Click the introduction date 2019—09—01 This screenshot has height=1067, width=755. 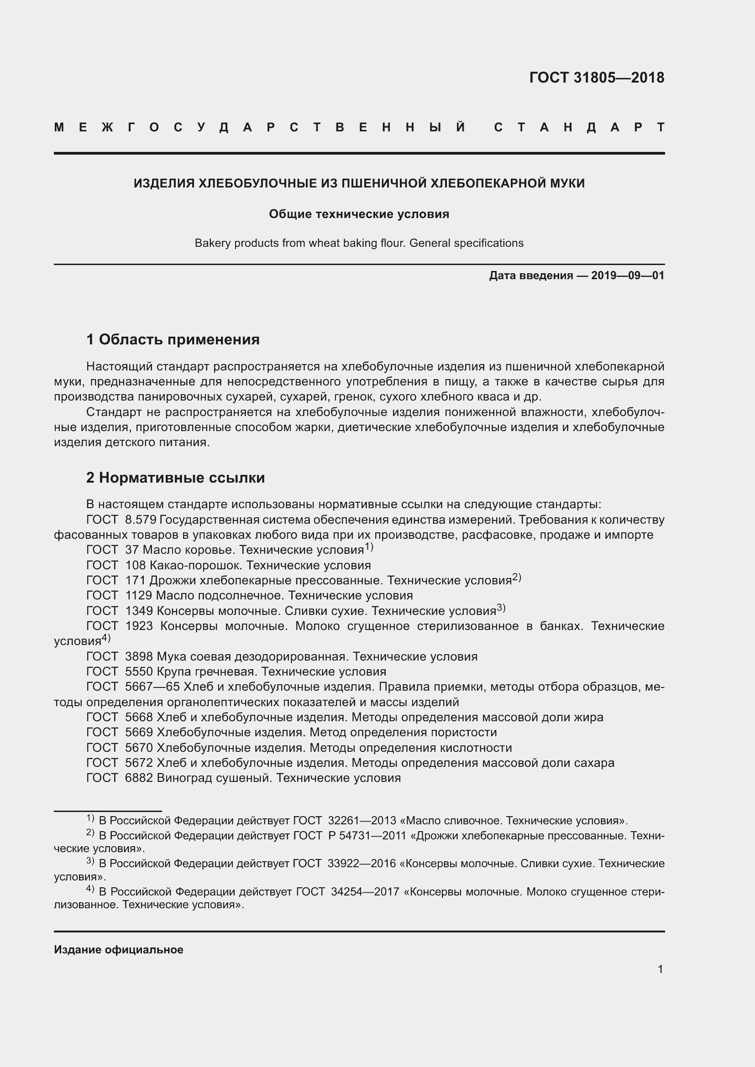pyautogui.click(x=627, y=276)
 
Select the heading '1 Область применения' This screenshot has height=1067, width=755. pyautogui.click(x=173, y=339)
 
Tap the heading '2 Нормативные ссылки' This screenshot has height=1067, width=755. pyautogui.click(x=175, y=477)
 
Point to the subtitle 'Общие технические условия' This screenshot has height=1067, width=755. pyautogui.click(x=359, y=214)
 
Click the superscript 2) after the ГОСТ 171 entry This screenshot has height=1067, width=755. pyautogui.click(x=517, y=578)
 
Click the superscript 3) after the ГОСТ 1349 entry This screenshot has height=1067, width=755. pyautogui.click(x=501, y=608)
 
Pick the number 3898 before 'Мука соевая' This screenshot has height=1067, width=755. pyautogui.click(x=139, y=656)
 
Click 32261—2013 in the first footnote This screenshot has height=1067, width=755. pyautogui.click(x=362, y=821)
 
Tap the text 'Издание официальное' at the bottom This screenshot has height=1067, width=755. pyautogui.click(x=119, y=950)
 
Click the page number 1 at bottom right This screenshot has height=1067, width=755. pyautogui.click(x=660, y=969)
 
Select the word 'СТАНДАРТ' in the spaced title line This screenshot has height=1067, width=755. pyautogui.click(x=579, y=127)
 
